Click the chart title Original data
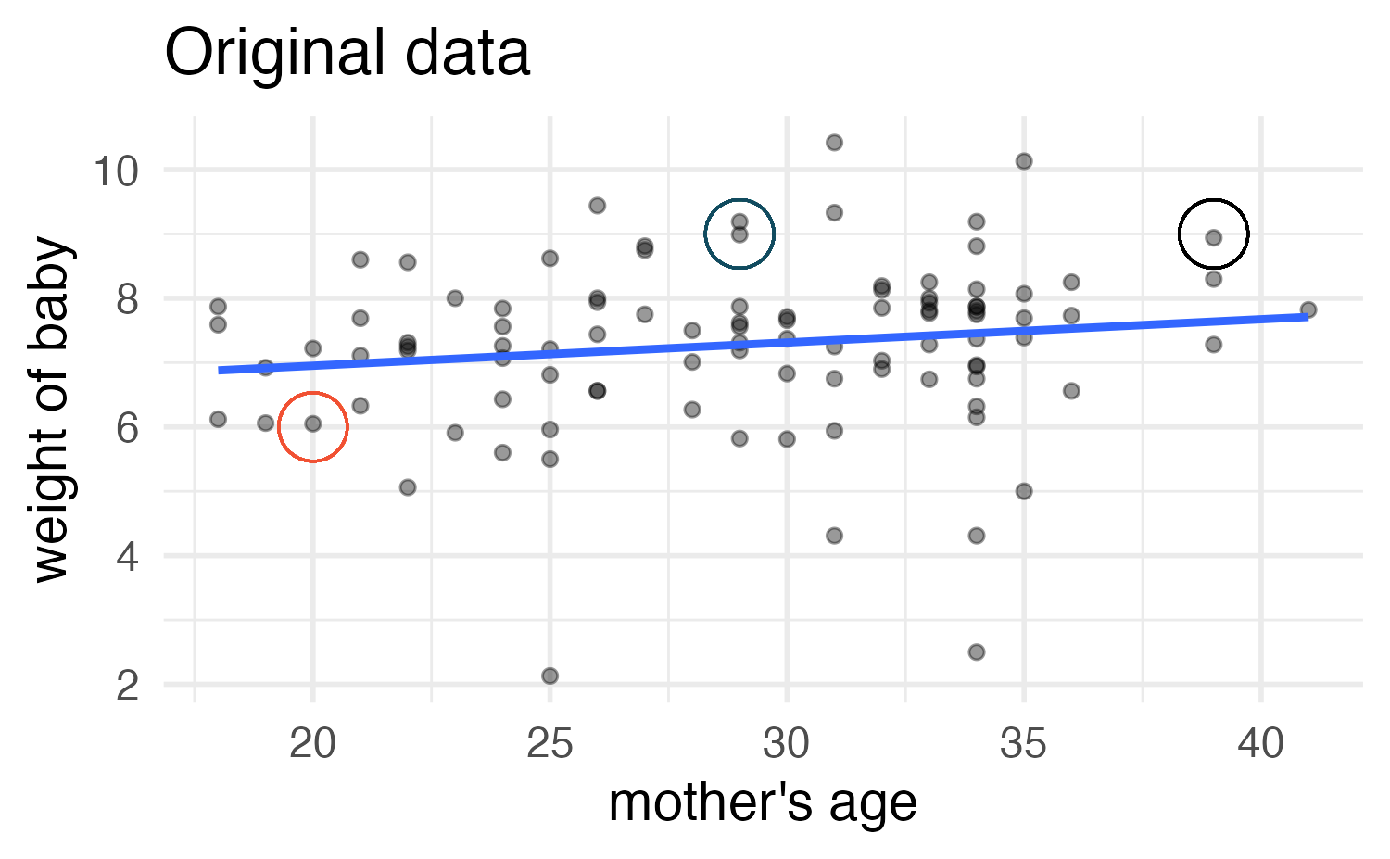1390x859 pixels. pos(347,53)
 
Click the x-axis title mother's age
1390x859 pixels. pos(762,802)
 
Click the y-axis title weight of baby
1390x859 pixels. pos(53,410)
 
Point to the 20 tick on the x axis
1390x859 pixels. pos(313,744)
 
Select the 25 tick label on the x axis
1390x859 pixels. pos(550,744)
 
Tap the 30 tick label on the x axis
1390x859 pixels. pos(787,744)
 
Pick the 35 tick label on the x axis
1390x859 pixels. pos(1024,744)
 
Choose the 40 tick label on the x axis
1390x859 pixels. pos(1260,744)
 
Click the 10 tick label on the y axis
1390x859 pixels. pos(115,171)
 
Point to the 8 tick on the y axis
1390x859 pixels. pos(128,299)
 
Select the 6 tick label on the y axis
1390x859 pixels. pos(128,428)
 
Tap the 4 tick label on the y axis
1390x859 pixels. pos(128,557)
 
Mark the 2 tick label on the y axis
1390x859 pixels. pos(128,686)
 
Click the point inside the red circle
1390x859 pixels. pos(313,423)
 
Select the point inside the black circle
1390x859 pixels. pos(1214,237)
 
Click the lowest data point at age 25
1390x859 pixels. pos(550,676)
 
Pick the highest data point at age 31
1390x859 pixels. pos(834,142)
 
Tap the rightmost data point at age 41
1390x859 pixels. pos(1308,309)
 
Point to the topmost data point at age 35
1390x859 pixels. pos(1024,161)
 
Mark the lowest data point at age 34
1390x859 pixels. pos(976,652)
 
